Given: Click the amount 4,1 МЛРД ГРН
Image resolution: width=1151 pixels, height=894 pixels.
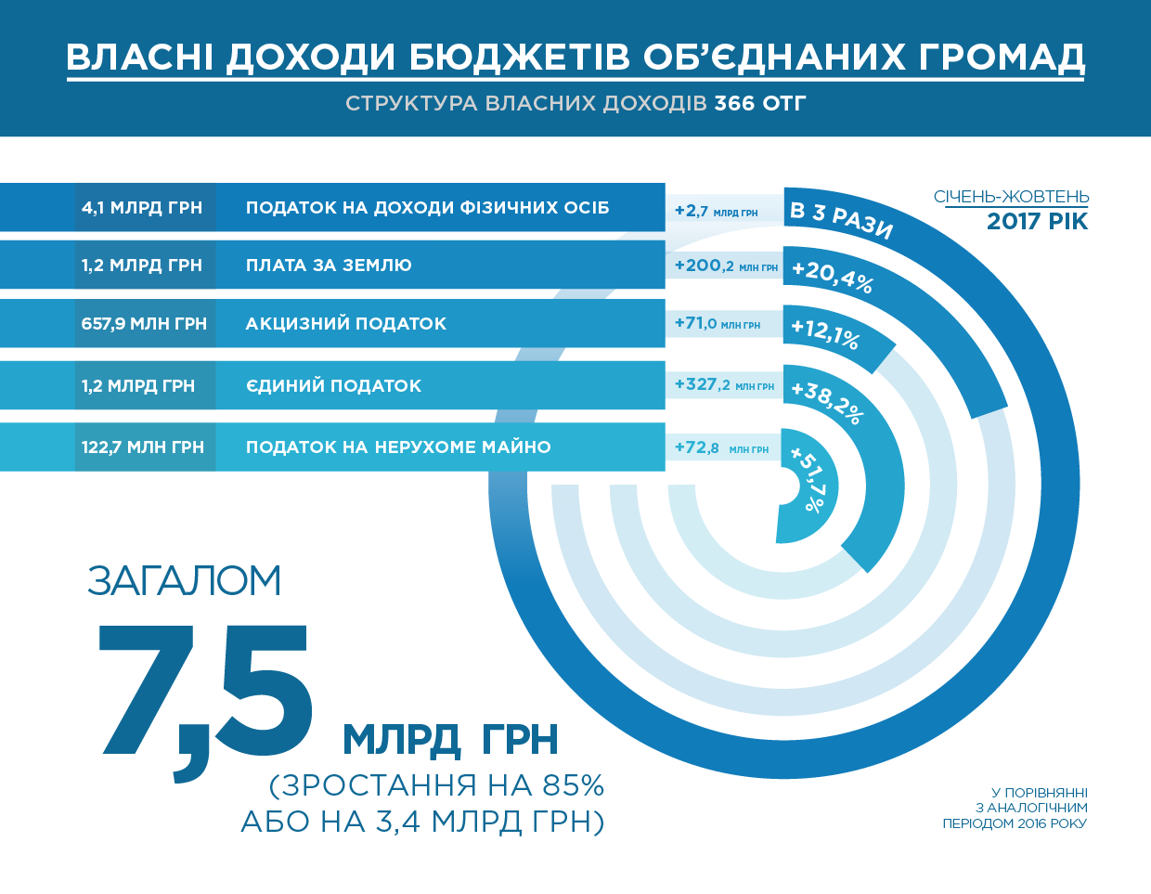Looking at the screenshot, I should coord(141,208).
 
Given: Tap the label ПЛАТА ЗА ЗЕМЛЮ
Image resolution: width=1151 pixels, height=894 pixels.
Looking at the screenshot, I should coord(329,266).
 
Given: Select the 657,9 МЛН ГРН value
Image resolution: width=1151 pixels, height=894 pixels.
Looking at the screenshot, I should coord(144,324).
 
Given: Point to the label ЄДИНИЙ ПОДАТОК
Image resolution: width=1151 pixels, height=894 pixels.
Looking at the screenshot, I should coord(333,385).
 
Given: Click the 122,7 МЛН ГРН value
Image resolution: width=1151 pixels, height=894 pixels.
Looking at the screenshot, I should coord(143,447).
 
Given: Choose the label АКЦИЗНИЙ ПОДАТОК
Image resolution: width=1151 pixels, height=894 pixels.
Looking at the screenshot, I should coord(345,324).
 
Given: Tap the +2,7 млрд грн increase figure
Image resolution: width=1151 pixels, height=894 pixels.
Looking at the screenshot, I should coord(716,211).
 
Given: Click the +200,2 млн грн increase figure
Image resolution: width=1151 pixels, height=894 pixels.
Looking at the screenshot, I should coord(726,266).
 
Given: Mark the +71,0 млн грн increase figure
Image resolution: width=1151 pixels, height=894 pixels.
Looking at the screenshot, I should coord(717,323).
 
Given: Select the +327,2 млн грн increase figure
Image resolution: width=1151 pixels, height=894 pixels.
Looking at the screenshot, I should coord(724,384).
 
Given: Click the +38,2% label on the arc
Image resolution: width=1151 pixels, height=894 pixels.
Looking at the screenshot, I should coord(827,402).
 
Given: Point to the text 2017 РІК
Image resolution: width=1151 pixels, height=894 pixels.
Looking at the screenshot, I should coord(1037,221).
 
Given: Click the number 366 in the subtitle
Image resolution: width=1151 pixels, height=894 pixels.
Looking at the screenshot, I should coord(734,103).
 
